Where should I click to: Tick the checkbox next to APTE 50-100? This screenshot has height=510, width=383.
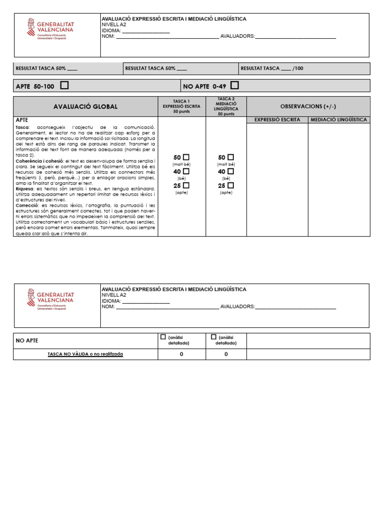point(64,86)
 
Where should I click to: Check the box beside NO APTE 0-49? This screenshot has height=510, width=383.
point(235,86)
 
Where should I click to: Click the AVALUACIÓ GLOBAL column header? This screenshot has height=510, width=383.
point(85,107)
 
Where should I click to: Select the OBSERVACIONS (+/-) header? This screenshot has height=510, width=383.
point(308,107)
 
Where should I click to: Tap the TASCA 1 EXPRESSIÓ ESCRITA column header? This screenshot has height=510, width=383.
point(182,107)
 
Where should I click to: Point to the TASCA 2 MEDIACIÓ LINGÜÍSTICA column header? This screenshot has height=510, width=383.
point(226,107)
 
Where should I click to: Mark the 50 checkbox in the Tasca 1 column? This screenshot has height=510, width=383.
point(186,157)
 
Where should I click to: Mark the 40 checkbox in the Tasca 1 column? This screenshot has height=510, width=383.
point(186,171)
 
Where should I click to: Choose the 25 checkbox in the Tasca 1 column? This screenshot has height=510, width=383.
point(186,185)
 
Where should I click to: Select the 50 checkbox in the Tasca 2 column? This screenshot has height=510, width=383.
point(230,157)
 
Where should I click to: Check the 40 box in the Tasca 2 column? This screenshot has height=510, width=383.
point(230,171)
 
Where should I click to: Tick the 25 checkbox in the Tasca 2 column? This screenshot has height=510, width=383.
point(230,185)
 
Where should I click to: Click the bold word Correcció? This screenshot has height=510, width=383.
point(27,205)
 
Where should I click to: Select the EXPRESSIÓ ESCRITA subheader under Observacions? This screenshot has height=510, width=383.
point(277,120)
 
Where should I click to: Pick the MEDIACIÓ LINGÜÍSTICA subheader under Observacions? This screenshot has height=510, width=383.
point(339,120)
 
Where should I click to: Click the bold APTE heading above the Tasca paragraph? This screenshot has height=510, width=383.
point(22,121)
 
